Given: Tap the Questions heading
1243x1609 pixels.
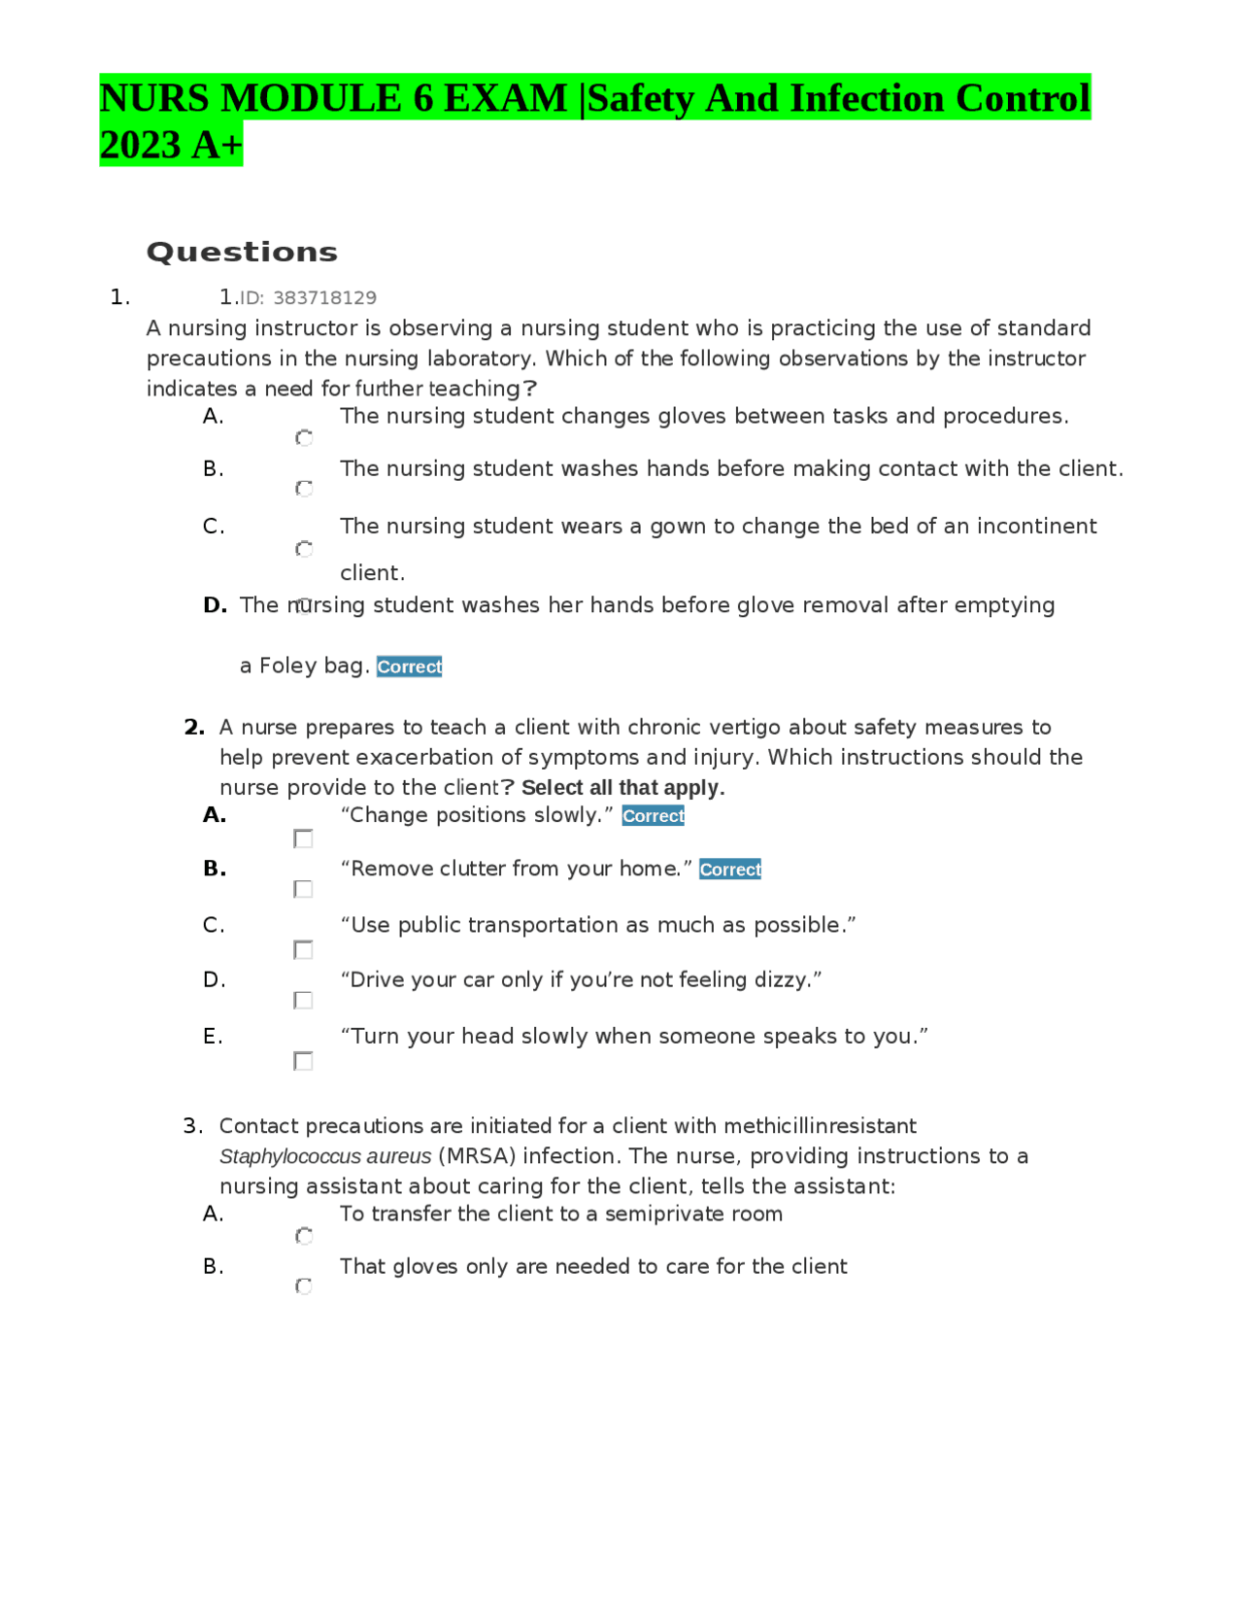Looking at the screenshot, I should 242,253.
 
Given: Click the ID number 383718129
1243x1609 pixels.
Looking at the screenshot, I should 324,298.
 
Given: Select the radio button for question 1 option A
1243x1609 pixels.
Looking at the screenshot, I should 304,438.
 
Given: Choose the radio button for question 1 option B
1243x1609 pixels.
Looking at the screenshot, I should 304,488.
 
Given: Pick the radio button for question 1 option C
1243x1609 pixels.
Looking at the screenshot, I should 304,549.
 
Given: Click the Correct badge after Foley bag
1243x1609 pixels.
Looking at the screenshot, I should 409,667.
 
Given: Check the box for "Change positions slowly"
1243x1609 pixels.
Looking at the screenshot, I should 303,839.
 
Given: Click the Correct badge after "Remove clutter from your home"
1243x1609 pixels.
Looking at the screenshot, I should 729,870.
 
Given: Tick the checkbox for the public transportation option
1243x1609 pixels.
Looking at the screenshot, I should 303,949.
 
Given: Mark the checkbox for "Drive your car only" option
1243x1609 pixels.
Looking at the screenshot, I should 303,1000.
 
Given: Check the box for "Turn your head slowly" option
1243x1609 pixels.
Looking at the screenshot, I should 303,1061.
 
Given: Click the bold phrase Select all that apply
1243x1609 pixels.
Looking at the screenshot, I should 622,788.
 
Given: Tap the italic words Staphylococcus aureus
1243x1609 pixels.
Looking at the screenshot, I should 325,1156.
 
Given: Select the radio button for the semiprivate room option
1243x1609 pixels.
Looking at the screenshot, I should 304,1236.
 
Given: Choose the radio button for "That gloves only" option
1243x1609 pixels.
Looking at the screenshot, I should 304,1286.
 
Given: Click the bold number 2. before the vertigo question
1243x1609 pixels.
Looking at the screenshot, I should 194,728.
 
